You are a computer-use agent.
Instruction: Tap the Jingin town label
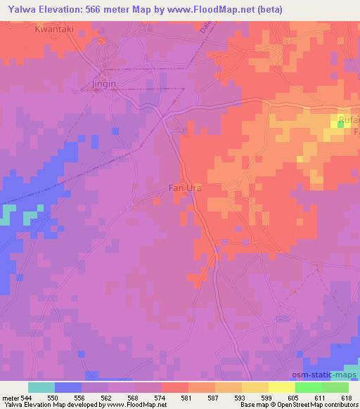tap(103, 84)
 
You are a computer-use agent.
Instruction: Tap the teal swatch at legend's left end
tap(41, 387)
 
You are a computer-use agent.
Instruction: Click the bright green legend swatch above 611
tap(309, 387)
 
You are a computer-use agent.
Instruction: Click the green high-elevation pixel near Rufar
tap(341, 123)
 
